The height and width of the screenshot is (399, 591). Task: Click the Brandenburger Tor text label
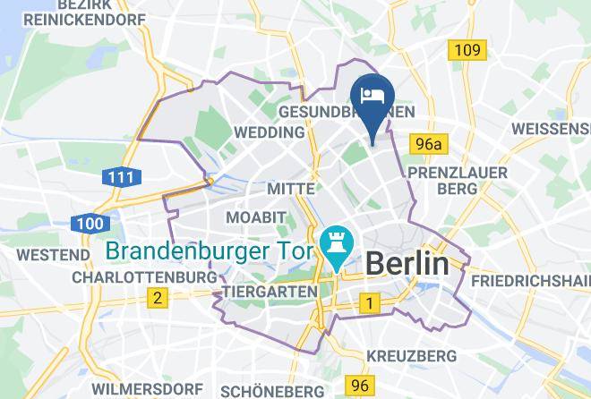[x=210, y=250]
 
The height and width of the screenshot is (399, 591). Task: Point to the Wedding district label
[x=268, y=132]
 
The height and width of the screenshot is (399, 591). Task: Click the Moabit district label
[x=255, y=218]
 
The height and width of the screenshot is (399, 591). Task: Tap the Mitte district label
[x=291, y=189]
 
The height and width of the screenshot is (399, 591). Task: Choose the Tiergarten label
[x=268, y=292]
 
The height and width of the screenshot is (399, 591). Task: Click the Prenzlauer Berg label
[x=457, y=180]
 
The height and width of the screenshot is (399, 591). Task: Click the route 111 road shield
[x=118, y=177]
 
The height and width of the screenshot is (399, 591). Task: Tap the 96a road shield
[x=429, y=143]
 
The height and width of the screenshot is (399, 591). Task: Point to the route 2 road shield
[x=158, y=298]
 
